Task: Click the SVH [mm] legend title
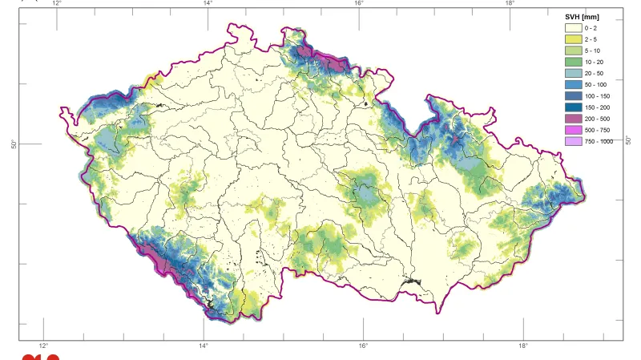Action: click(x=583, y=17)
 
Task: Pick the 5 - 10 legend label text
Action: click(x=593, y=51)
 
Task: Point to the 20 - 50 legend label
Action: click(x=595, y=73)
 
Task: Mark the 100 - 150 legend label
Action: click(x=597, y=95)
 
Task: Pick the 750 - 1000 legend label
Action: click(x=599, y=141)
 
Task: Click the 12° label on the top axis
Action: click(x=56, y=3)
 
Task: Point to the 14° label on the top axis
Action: click(x=208, y=3)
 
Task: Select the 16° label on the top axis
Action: click(x=359, y=3)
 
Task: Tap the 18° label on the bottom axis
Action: click(x=522, y=346)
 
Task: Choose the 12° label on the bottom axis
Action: click(x=44, y=346)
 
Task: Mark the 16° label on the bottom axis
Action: click(x=363, y=346)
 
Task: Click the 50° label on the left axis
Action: click(x=14, y=144)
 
